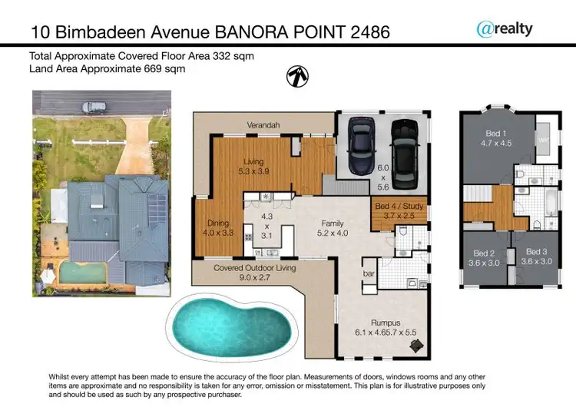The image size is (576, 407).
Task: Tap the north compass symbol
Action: (295, 75)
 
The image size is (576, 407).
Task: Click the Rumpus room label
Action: (385, 326)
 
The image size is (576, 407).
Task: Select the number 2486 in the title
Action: (363, 31)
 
